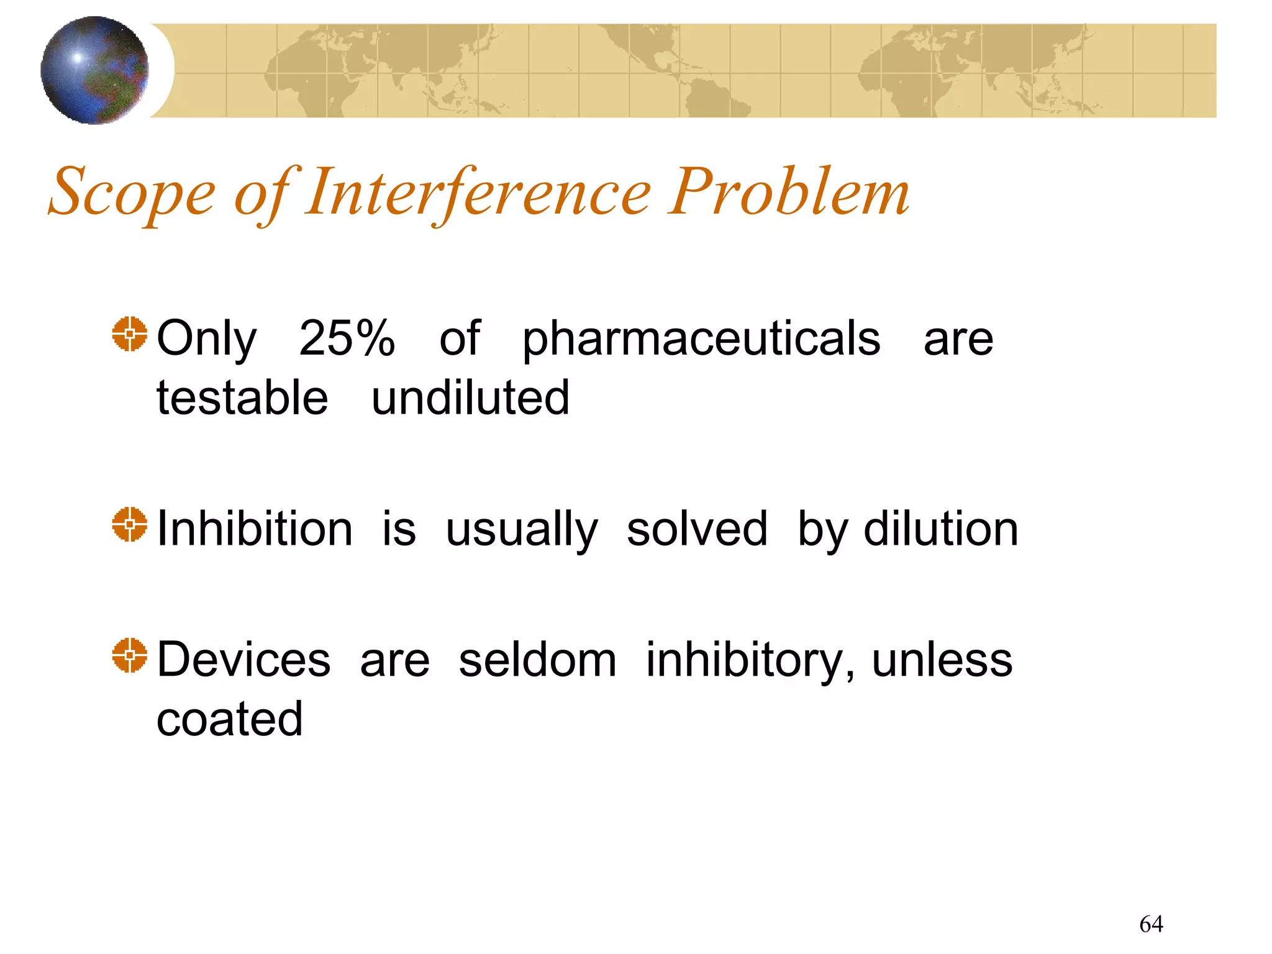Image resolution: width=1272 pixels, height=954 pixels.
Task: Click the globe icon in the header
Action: (x=94, y=70)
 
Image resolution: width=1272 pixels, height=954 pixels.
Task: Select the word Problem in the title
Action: (x=789, y=193)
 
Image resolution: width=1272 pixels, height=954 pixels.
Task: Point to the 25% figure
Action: (x=347, y=338)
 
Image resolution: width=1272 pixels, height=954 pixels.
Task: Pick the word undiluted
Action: (x=470, y=398)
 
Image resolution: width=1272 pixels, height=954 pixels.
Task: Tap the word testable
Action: (x=242, y=398)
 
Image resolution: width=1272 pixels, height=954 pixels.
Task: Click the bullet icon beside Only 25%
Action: (x=130, y=334)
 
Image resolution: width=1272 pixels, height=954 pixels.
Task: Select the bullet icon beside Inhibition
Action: (x=130, y=524)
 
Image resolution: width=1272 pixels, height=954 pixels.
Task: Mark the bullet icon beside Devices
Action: (x=130, y=655)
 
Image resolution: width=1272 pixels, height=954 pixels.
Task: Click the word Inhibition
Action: (x=255, y=529)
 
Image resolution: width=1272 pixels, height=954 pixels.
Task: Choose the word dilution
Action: (x=940, y=529)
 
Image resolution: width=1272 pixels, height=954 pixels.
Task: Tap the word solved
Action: (x=697, y=529)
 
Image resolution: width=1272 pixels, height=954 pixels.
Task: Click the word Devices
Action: (x=243, y=660)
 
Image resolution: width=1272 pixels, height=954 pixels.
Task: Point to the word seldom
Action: (x=537, y=660)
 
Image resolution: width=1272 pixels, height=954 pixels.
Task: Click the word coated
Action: (x=229, y=719)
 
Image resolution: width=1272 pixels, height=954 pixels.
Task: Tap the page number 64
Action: (x=1151, y=924)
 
